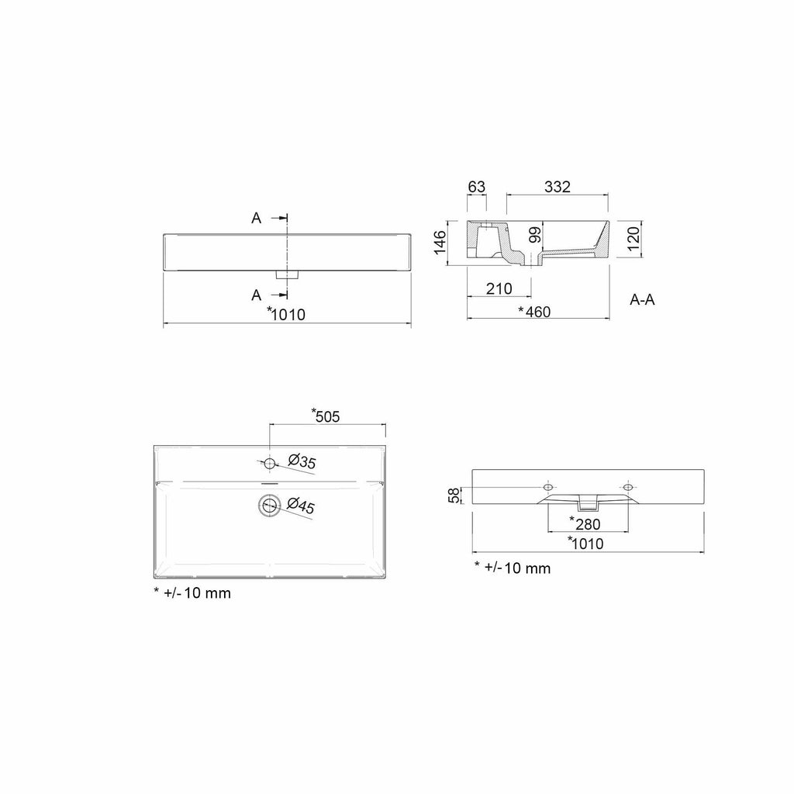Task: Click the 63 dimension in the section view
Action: [x=477, y=187]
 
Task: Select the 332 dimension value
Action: [x=558, y=187]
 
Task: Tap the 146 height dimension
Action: [x=440, y=242]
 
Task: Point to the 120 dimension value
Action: [x=633, y=239]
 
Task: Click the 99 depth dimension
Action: [x=535, y=235]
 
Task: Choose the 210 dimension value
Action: [x=499, y=288]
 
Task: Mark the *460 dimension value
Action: [x=534, y=312]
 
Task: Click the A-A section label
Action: [x=642, y=300]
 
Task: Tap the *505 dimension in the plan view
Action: [x=325, y=416]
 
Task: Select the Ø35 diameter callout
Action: [x=302, y=461]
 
